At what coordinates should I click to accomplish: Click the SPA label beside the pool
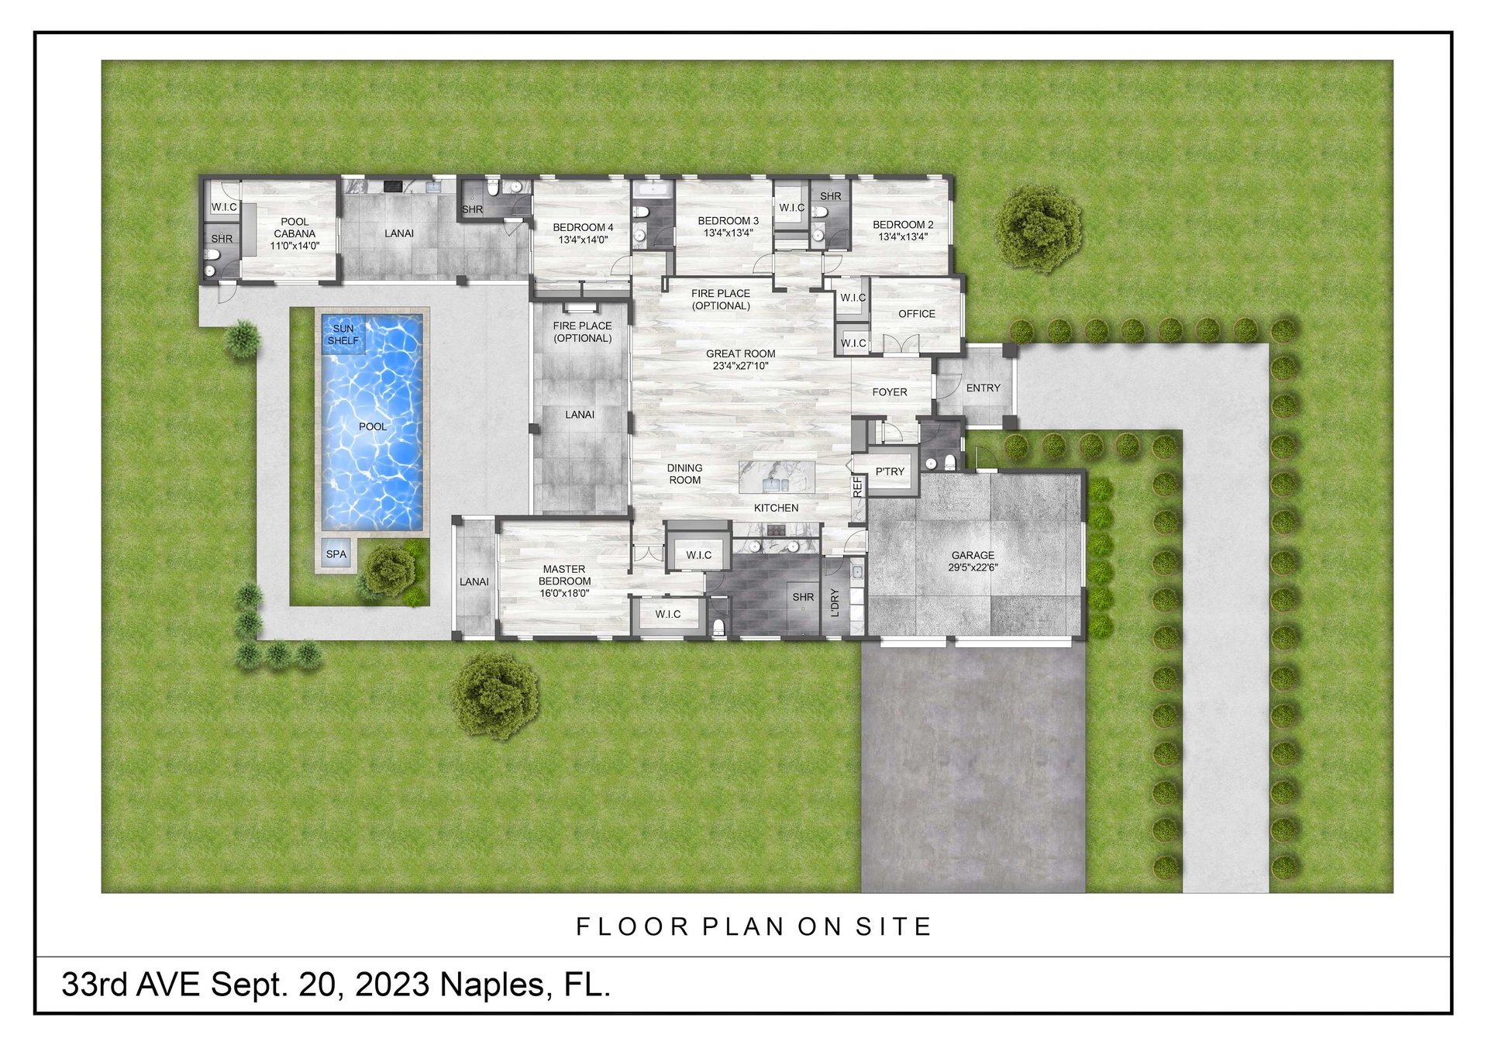[336, 554]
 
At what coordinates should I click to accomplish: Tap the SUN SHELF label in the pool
[343, 335]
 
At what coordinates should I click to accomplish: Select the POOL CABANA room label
[294, 233]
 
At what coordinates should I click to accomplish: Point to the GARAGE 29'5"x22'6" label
[973, 561]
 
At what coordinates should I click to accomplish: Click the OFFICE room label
[917, 314]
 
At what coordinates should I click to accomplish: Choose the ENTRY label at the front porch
[983, 388]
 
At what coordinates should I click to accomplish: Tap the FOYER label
[890, 392]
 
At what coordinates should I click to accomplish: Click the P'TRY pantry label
[890, 471]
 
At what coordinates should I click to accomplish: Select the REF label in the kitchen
[857, 487]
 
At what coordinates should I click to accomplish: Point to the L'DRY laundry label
[835, 602]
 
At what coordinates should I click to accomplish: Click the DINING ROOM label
[684, 474]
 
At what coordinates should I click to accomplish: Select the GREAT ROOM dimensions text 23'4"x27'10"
[741, 366]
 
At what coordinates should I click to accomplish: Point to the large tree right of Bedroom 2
[1038, 228]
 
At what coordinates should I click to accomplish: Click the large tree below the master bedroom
[495, 695]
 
